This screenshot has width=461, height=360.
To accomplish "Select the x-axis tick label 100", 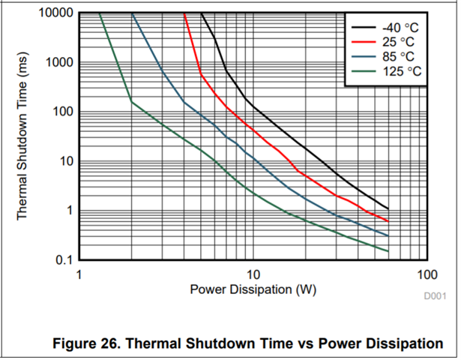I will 427,272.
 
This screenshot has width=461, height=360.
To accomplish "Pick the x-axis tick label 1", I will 78,272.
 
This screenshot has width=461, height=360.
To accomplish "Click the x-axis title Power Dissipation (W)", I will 252,289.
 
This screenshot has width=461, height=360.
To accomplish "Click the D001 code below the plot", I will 434,297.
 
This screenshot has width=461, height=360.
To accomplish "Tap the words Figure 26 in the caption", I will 87,343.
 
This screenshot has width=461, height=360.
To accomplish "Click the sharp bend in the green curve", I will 131,100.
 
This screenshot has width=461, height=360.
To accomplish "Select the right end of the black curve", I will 388,208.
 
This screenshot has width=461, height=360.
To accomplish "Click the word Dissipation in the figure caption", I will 397,343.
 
